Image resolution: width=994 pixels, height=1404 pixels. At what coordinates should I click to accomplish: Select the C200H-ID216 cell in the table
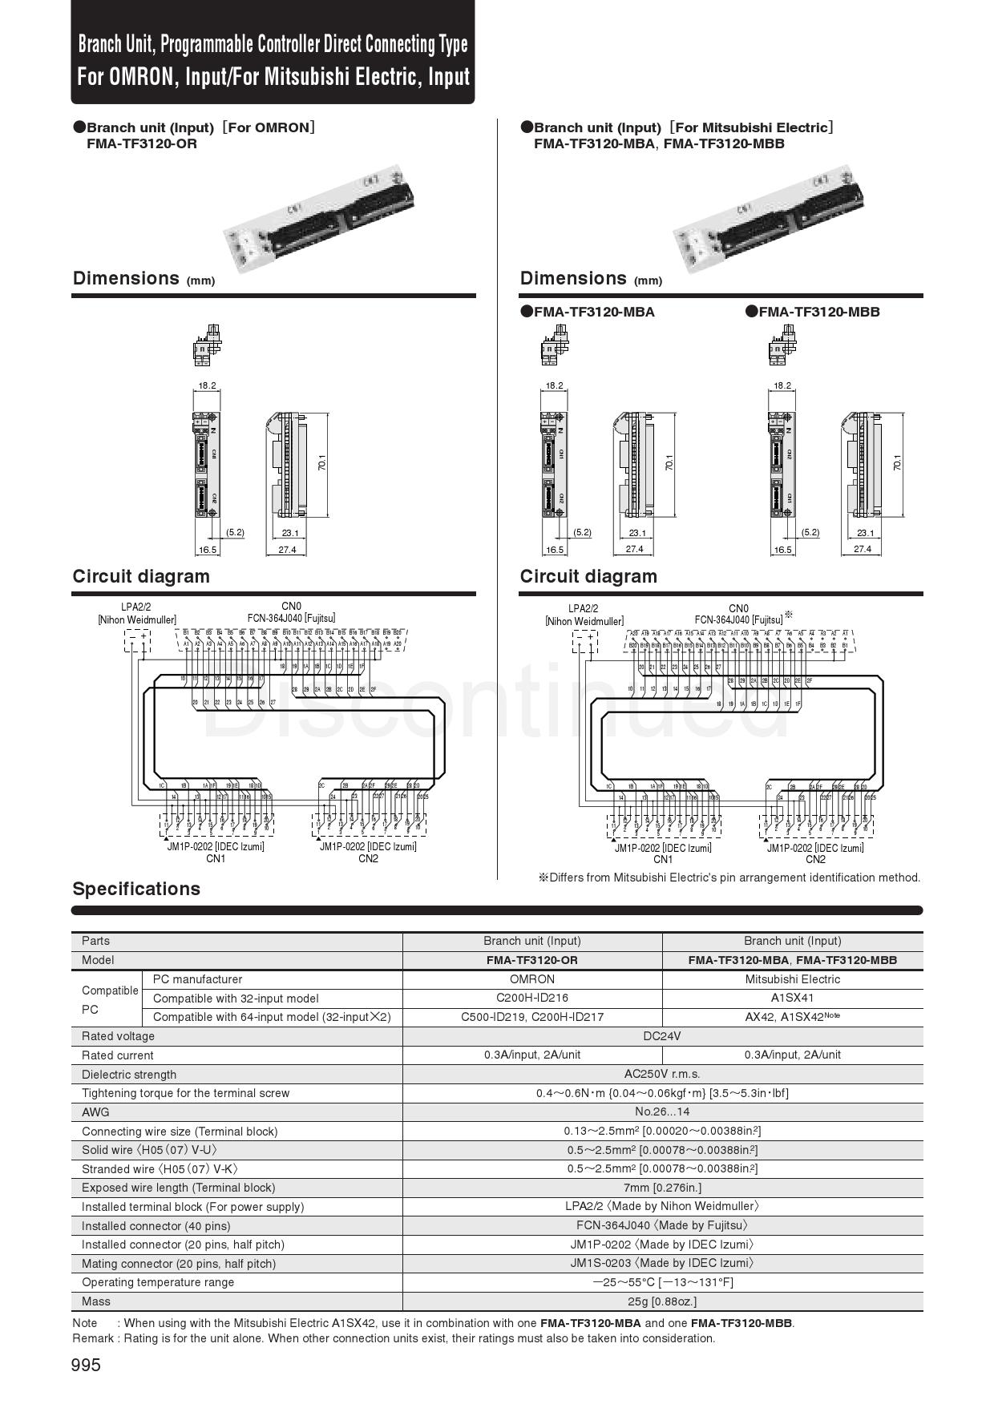pyautogui.click(x=531, y=998)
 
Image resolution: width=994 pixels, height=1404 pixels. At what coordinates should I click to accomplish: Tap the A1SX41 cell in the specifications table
pyautogui.click(x=792, y=998)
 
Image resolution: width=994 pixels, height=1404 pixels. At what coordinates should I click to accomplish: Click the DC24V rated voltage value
pyautogui.click(x=662, y=1036)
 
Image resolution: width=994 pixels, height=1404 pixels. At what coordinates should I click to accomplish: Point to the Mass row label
pyautogui.click(x=96, y=1301)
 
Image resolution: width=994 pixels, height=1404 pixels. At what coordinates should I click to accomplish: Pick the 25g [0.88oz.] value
pyautogui.click(x=662, y=1301)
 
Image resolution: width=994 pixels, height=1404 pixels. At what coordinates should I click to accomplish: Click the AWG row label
pyautogui.click(x=95, y=1112)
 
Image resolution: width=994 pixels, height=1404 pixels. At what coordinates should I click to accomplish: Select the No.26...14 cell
pyautogui.click(x=662, y=1112)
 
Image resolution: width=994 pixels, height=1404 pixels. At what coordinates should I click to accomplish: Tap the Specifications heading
pyautogui.click(x=136, y=889)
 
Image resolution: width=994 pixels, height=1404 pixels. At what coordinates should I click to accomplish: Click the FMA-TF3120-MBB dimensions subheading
pyautogui.click(x=818, y=312)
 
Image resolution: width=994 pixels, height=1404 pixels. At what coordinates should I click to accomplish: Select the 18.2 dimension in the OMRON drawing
pyautogui.click(x=207, y=385)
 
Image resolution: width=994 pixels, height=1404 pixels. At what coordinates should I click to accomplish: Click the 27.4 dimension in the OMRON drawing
pyautogui.click(x=286, y=550)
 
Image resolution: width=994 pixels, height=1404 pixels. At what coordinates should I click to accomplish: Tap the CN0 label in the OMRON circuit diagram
pyautogui.click(x=291, y=607)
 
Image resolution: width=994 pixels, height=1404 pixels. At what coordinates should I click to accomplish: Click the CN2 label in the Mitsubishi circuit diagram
pyautogui.click(x=815, y=859)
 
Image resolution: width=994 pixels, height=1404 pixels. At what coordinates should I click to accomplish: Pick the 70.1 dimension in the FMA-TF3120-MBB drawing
pyautogui.click(x=898, y=463)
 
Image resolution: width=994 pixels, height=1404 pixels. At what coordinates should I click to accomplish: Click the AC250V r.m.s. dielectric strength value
pyautogui.click(x=662, y=1074)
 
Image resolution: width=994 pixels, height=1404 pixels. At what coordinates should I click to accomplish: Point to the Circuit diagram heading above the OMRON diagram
pyautogui.click(x=141, y=576)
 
